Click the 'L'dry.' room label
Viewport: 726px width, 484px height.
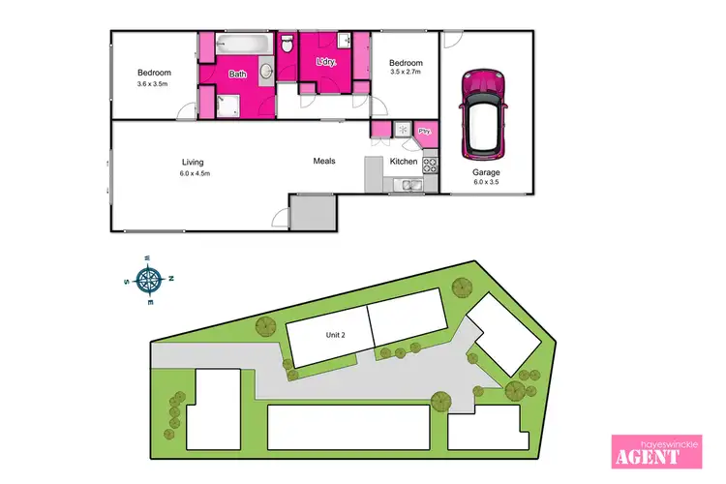(326, 62)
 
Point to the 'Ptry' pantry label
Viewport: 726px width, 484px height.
(424, 133)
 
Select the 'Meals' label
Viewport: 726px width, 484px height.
(323, 161)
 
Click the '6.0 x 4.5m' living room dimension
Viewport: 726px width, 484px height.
(195, 173)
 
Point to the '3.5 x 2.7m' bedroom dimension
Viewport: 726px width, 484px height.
(407, 72)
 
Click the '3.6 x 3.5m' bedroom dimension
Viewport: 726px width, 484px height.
(154, 84)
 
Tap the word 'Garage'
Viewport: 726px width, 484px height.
(487, 172)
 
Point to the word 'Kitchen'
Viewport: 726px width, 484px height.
(404, 162)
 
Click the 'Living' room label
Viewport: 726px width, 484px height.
(194, 162)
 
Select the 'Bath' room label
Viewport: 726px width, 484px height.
(237, 74)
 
